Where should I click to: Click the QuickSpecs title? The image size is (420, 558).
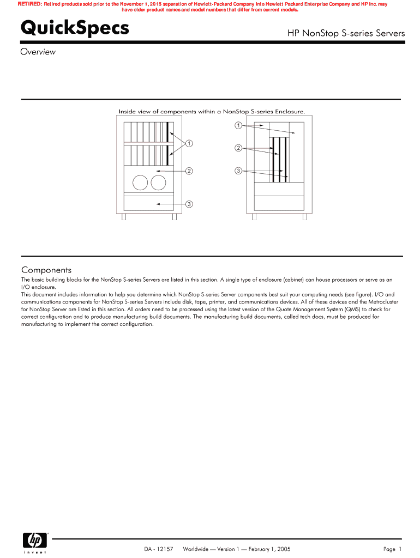tap(75, 28)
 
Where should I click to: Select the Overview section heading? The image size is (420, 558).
tap(38, 52)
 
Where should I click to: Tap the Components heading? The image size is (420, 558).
tap(46, 270)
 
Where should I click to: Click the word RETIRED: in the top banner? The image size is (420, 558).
tap(29, 4)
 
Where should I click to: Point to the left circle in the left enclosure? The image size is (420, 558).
tap(140, 183)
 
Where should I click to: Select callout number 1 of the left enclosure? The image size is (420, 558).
tap(189, 144)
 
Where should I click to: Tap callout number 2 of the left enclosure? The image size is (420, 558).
tap(189, 171)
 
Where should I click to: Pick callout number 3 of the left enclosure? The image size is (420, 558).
tap(189, 204)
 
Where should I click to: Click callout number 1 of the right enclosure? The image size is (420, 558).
tap(238, 126)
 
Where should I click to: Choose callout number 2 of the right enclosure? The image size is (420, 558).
tap(238, 148)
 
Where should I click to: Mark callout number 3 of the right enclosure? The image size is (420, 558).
tap(238, 171)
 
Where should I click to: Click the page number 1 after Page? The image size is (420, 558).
tap(400, 549)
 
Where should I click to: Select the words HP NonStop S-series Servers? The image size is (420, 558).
tap(346, 33)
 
